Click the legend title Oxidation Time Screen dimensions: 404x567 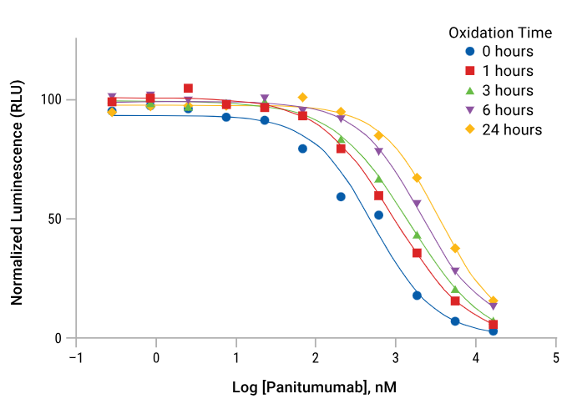click(500, 33)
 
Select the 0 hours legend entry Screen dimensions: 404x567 click(501, 52)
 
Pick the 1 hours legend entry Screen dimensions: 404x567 click(501, 71)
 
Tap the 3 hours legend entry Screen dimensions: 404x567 click(501, 90)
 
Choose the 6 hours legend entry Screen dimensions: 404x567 click(501, 109)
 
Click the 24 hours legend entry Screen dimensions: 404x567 click(504, 129)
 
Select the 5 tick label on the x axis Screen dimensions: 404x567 click(556, 357)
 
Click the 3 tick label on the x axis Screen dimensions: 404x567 click(396, 357)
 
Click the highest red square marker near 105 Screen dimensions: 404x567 click(188, 88)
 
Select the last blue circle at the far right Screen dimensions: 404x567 click(494, 331)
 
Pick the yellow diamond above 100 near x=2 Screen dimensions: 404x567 click(302, 98)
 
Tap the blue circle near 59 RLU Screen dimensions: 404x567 click(341, 197)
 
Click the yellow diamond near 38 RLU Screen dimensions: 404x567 click(455, 248)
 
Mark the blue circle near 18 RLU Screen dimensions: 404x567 click(417, 295)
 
